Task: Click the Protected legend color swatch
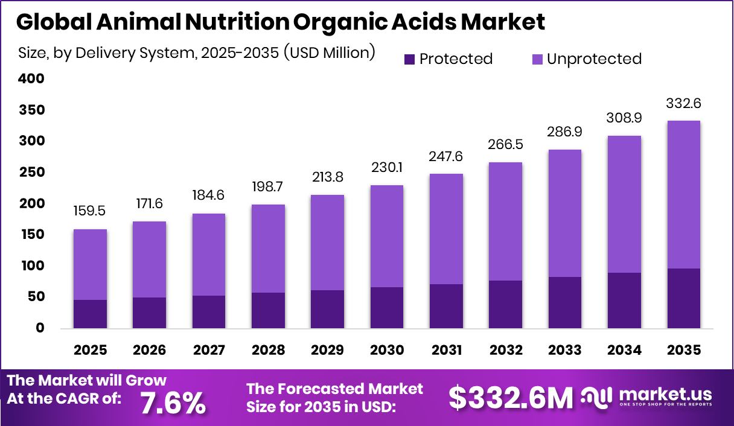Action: click(410, 59)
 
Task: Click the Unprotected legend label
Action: click(593, 59)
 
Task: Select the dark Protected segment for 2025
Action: click(91, 314)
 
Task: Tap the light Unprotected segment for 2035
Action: click(684, 194)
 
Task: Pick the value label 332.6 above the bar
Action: click(684, 104)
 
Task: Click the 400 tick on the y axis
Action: click(31, 79)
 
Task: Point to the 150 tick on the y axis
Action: click(31, 235)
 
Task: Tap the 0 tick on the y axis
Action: click(40, 328)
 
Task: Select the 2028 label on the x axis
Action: click(269, 351)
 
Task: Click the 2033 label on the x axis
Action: click(565, 351)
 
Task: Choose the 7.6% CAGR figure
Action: click(173, 403)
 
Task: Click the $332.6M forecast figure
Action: click(511, 398)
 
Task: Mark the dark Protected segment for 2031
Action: click(447, 306)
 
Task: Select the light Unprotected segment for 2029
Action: click(328, 243)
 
